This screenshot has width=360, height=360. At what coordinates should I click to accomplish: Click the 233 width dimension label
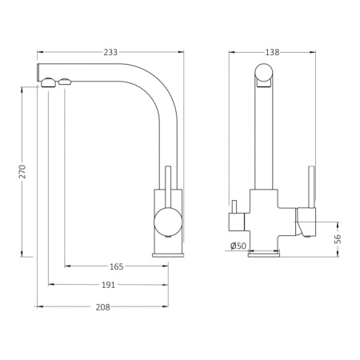tap(110, 52)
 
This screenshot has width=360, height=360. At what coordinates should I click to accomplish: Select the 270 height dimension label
tap(22, 171)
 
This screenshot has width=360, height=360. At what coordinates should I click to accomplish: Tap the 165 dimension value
tap(117, 266)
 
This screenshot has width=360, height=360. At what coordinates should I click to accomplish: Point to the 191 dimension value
tap(108, 285)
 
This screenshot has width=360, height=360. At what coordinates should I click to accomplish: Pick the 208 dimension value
tap(102, 307)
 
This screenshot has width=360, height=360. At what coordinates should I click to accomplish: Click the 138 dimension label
tap(272, 52)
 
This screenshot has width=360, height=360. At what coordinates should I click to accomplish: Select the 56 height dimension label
tap(338, 238)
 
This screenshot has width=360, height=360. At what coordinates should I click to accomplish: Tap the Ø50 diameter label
tap(238, 246)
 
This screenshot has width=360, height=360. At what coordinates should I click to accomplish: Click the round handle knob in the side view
tap(168, 222)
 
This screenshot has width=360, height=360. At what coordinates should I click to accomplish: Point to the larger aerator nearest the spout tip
tap(48, 82)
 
